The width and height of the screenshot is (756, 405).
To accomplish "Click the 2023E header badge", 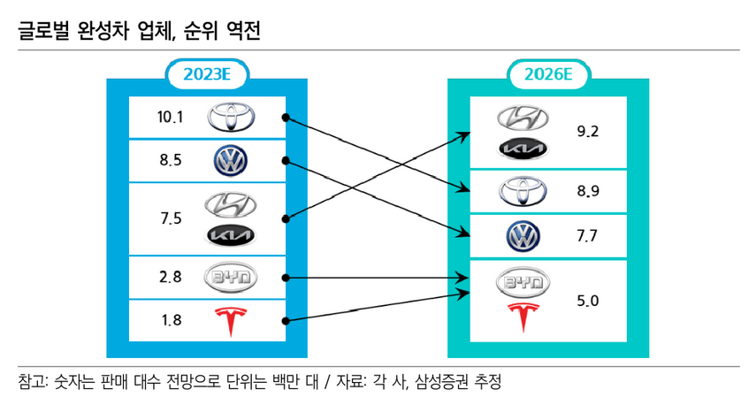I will tap(207, 75).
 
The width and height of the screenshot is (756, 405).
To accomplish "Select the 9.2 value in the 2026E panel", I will tap(588, 132).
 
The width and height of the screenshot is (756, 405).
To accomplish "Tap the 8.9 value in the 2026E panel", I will tap(588, 191).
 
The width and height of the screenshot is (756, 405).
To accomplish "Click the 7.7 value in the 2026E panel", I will tap(588, 235).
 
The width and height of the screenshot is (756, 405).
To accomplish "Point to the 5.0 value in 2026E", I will tap(588, 301).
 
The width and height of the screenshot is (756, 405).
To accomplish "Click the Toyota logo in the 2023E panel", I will tap(230, 117).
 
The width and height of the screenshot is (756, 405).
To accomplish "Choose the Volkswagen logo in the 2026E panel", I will tap(523, 235).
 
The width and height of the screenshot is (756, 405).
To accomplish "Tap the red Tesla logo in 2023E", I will tap(230, 320).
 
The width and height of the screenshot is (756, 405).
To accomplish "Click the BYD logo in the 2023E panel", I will tap(230, 277).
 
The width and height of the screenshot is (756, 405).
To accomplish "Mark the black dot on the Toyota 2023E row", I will tap(285, 117).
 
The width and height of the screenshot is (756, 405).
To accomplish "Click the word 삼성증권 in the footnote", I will tap(444, 382).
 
